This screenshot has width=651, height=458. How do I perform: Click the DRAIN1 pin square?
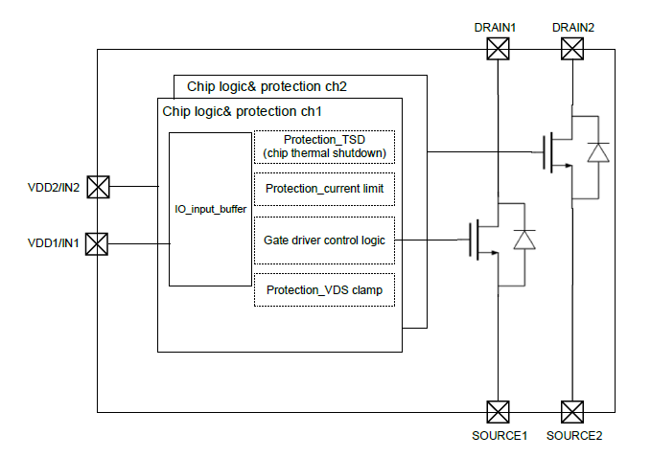click(x=497, y=50)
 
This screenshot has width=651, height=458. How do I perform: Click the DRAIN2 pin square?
click(x=573, y=50)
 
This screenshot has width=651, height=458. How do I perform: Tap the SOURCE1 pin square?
click(x=497, y=412)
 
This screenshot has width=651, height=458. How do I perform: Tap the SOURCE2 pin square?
click(x=573, y=412)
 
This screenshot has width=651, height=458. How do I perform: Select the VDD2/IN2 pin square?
click(x=98, y=186)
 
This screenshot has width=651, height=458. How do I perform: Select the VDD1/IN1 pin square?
click(x=98, y=244)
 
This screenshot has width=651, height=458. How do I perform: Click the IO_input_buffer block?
click(x=210, y=209)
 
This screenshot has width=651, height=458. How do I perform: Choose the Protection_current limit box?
click(x=324, y=189)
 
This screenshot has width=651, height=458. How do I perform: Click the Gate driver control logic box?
click(x=324, y=240)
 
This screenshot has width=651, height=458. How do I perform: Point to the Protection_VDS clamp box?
click(x=324, y=290)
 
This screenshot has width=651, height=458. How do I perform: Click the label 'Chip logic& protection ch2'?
click(x=267, y=86)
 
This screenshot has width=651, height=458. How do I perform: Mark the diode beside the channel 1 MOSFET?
click(x=523, y=240)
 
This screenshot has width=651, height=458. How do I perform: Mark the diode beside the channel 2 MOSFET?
click(x=598, y=152)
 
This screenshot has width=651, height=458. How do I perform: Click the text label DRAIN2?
click(x=573, y=28)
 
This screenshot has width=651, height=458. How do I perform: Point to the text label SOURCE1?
click(x=500, y=436)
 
